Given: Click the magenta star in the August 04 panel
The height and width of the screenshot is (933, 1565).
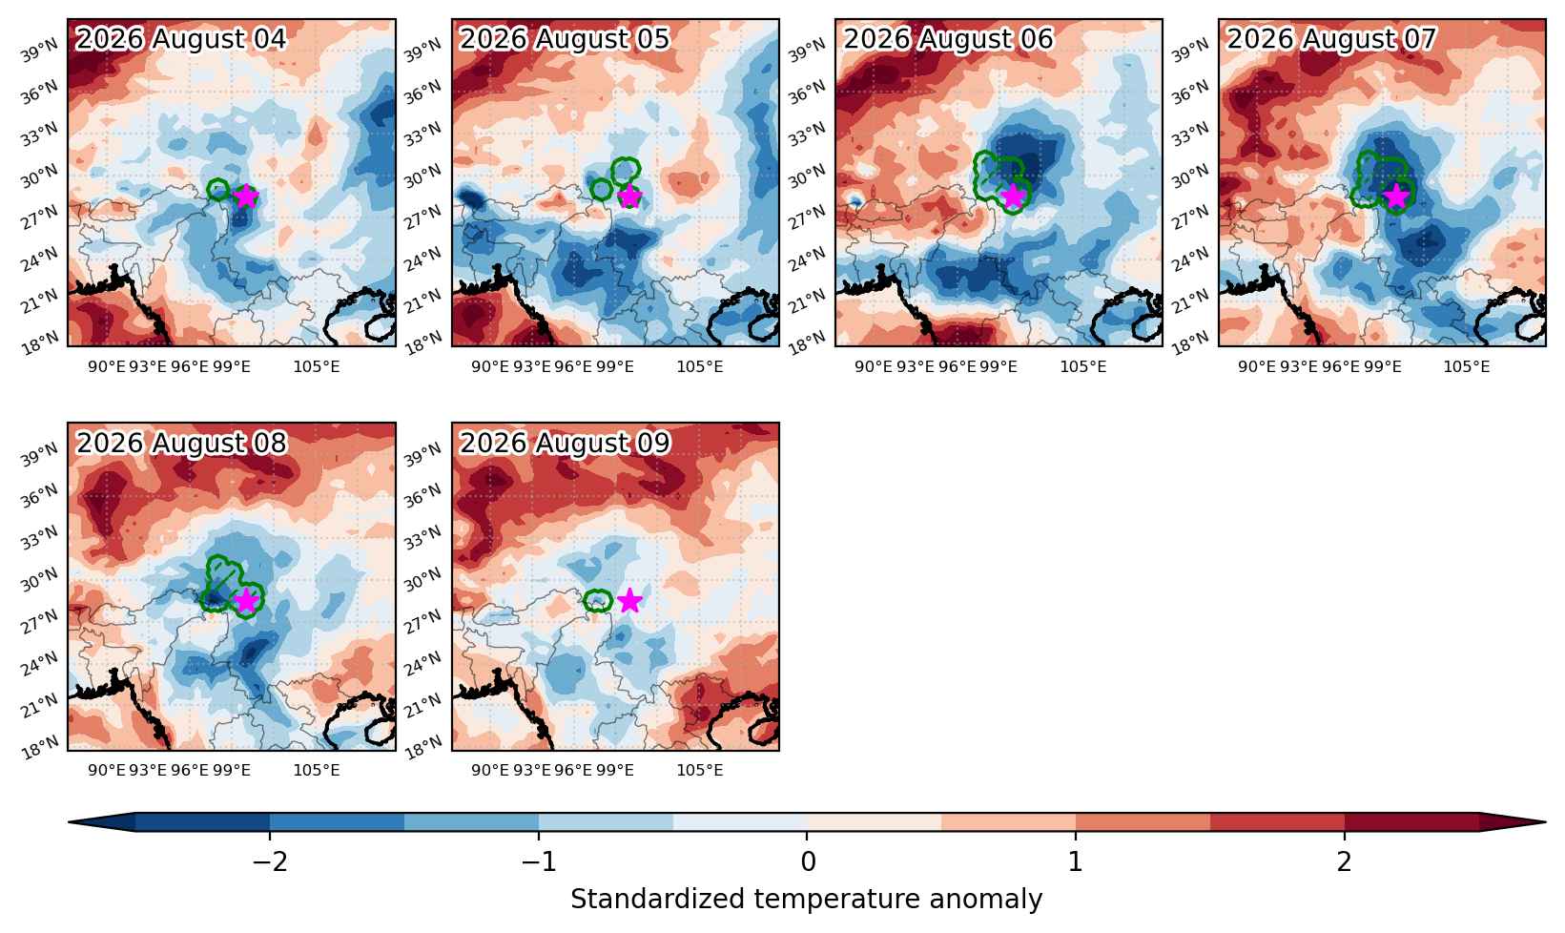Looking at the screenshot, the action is [246, 197].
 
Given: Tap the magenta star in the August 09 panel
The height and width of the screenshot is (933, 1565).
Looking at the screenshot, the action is [629, 600].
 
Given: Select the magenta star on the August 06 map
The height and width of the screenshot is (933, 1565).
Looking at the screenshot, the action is [1013, 197].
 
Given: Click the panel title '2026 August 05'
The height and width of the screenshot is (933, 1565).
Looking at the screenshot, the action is [565, 39].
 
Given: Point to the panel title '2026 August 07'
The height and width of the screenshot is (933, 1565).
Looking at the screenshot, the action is [1331, 39].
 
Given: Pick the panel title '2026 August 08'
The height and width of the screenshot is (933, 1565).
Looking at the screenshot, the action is [181, 443].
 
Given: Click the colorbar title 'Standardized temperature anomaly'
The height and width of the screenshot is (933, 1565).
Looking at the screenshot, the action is [806, 900].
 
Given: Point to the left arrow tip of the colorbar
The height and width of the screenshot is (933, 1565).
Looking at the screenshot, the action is [69, 822].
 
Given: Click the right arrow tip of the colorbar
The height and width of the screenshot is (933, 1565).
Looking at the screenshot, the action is [1545, 822].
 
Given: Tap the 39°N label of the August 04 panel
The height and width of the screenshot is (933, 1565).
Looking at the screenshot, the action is [39, 51].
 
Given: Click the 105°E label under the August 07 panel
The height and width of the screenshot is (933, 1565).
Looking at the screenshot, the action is [1467, 367].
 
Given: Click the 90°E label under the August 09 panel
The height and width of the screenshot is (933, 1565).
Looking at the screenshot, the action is [490, 771].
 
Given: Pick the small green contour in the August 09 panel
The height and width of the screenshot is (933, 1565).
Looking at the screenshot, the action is [597, 601].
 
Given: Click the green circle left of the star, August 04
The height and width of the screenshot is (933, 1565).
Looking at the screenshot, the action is [218, 190].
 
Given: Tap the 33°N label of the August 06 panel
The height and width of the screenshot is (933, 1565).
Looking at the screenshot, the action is [808, 135].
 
